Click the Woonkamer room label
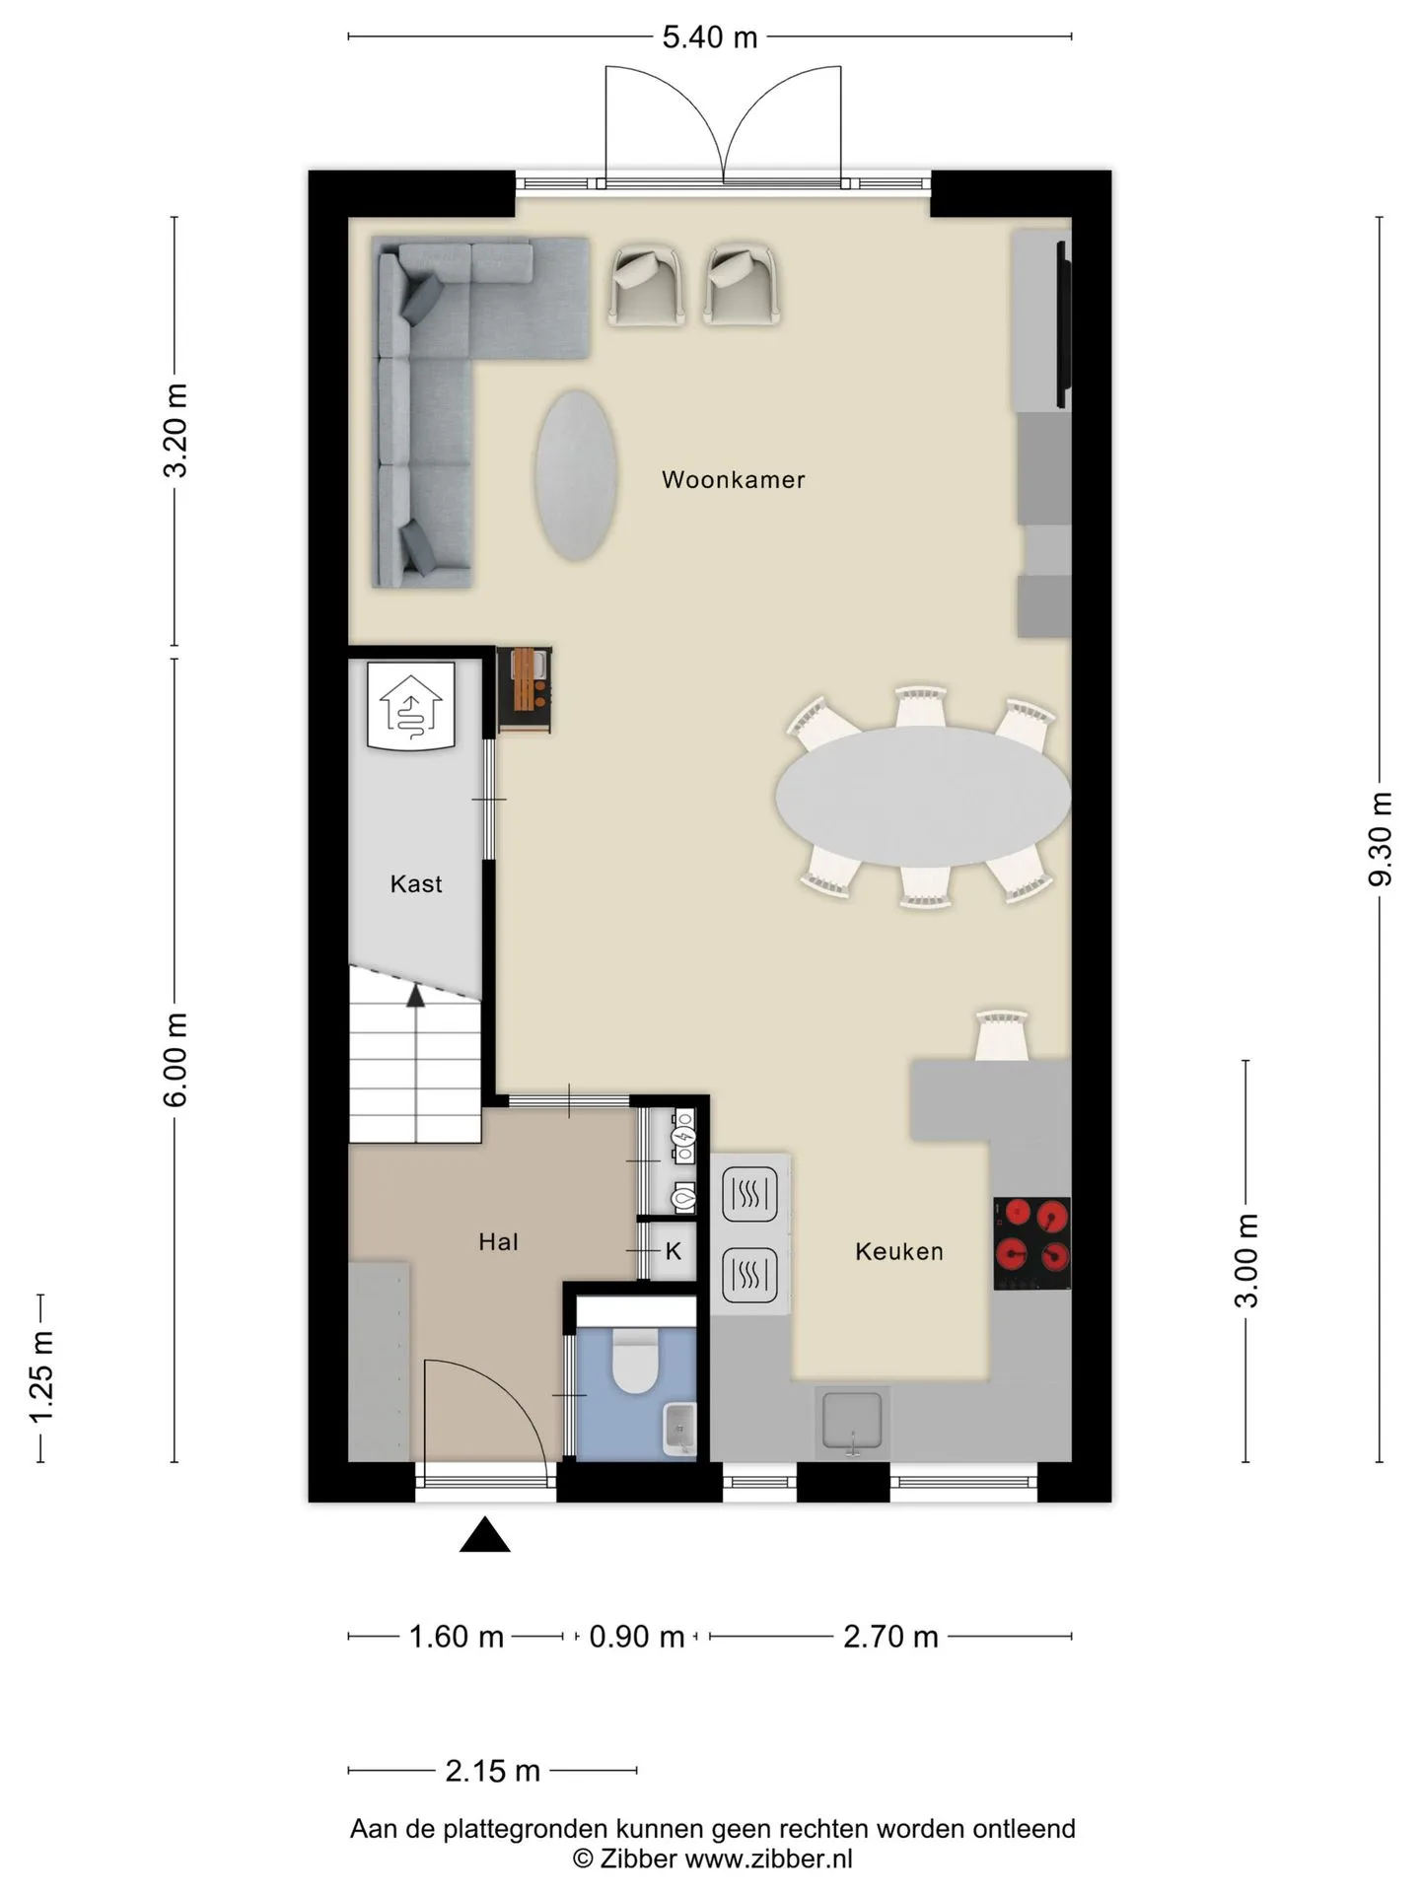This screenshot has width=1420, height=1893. coord(733,480)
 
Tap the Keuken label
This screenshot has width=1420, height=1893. coord(898,1251)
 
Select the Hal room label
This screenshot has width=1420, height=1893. coord(498,1242)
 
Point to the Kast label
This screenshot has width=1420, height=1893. coord(415,883)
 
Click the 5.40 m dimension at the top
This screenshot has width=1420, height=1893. coord(709,37)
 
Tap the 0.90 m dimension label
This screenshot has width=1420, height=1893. coord(636,1637)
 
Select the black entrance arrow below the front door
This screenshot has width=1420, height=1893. coord(484,1534)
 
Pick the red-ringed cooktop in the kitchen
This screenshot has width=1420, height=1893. coord(1031,1242)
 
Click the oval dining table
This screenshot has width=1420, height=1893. coord(922,797)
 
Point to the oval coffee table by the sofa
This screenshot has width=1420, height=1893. coord(576,475)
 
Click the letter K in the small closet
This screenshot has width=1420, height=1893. coord(674,1251)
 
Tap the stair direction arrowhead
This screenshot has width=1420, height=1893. coord(415,996)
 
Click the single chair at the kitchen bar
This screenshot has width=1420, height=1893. coord(1002,1035)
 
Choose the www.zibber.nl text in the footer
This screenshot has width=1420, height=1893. coord(768,1858)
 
